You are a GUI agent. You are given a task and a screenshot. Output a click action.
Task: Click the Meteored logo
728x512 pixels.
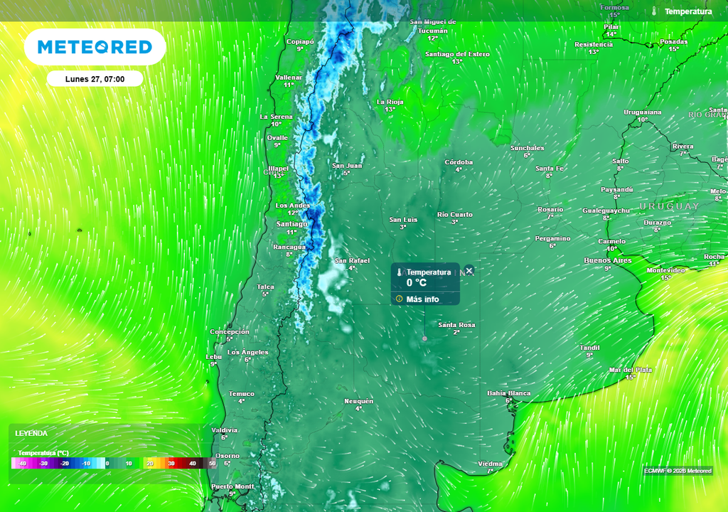[x=95, y=48]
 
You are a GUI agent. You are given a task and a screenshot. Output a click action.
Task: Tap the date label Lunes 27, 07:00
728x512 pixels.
[x=95, y=79]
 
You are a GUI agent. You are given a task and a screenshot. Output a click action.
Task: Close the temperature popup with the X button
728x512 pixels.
[x=469, y=271]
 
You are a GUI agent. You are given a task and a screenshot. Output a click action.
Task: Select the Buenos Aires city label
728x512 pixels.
[x=607, y=261]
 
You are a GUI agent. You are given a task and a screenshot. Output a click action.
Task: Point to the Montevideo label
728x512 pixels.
[x=665, y=271]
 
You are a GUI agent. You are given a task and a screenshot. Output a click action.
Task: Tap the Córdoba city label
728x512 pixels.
[x=459, y=162]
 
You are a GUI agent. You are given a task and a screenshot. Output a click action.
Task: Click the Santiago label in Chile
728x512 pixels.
[x=291, y=224]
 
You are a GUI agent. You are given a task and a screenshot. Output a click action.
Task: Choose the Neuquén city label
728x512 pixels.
[x=358, y=401]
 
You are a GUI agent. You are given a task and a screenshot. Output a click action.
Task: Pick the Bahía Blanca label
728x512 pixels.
[x=508, y=393]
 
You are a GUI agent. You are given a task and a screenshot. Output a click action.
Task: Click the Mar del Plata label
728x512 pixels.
[x=630, y=370]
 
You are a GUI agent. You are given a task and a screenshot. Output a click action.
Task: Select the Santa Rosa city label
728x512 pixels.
[x=456, y=325]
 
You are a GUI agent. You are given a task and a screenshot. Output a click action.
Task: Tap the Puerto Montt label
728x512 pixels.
[x=232, y=486]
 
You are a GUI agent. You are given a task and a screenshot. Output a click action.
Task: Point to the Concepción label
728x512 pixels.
[x=230, y=331]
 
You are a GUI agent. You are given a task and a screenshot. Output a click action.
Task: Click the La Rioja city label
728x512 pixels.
[x=390, y=102]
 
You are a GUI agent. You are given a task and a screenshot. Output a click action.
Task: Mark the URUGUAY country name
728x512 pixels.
[x=668, y=206]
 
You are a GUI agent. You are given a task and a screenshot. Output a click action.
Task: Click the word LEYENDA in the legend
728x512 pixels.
[x=31, y=433]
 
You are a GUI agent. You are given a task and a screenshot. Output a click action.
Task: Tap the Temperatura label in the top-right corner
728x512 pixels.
[x=687, y=11]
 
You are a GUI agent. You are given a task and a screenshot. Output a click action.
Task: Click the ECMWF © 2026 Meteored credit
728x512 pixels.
[x=677, y=471]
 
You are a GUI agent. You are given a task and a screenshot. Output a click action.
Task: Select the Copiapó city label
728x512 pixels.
[x=299, y=41]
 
